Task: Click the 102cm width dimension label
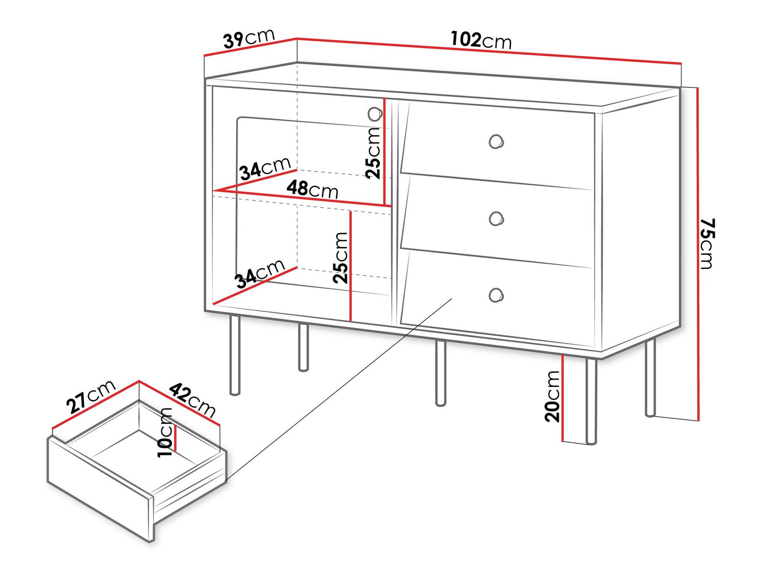tap(481, 40)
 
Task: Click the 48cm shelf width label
tap(312, 189)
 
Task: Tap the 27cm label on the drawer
tap(91, 397)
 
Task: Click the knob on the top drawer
tap(496, 142)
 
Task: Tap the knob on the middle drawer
tap(496, 219)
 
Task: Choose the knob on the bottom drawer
tap(495, 295)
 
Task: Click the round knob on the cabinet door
tap(375, 113)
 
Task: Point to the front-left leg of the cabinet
tap(235, 355)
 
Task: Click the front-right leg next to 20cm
tap(591, 401)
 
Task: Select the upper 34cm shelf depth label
tap(265, 168)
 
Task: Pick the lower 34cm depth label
tap(260, 274)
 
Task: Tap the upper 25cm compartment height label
tap(373, 153)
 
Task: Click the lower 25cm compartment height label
tap(340, 257)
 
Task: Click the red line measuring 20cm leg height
tap(563, 397)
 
